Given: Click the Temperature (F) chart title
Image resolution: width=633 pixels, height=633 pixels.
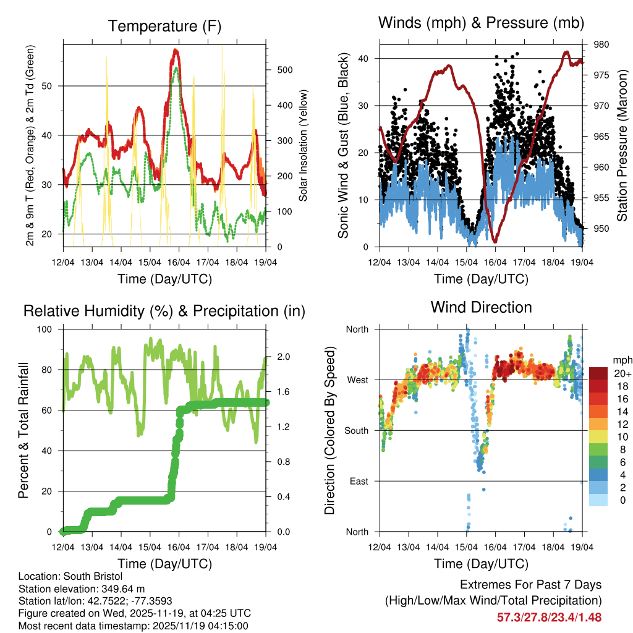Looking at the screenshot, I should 164,26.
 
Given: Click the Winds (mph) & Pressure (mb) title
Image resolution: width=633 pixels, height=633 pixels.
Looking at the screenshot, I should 481,23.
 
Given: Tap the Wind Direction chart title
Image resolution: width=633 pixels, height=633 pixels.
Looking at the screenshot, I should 481,307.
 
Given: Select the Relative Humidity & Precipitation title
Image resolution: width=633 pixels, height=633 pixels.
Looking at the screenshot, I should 164,311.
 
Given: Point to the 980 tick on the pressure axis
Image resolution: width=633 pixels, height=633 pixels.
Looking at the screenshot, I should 593,45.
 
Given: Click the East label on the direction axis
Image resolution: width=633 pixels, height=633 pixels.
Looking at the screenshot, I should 357,481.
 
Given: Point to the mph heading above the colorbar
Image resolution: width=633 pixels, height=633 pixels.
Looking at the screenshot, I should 622,360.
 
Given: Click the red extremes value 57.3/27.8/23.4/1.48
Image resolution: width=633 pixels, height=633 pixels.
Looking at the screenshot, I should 549,617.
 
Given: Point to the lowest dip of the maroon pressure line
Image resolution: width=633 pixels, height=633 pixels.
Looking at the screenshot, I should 495,241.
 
